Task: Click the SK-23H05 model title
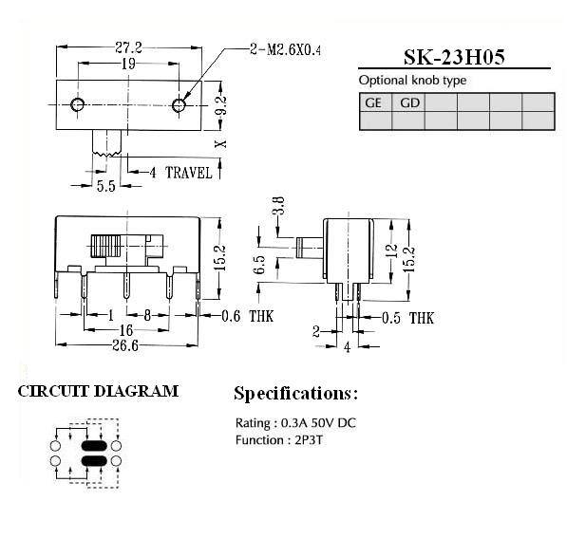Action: pyautogui.click(x=454, y=57)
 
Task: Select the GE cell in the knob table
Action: pyautogui.click(x=375, y=102)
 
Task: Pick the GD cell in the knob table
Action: pyautogui.click(x=408, y=102)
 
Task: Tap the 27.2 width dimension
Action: pyautogui.click(x=128, y=47)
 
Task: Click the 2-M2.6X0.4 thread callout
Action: pyautogui.click(x=285, y=49)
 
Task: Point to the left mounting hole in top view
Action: pyautogui.click(x=78, y=104)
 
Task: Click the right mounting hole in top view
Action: pyautogui.click(x=179, y=105)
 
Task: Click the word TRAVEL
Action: pyautogui.click(x=189, y=173)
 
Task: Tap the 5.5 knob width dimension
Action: pyautogui.click(x=105, y=186)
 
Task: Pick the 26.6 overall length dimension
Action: pyautogui.click(x=125, y=345)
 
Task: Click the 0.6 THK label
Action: pyautogui.click(x=247, y=316)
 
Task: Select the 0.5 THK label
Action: pyautogui.click(x=407, y=318)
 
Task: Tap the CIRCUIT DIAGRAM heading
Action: pyautogui.click(x=98, y=391)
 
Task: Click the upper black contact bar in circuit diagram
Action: pyautogui.click(x=94, y=446)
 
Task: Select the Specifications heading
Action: pyautogui.click(x=295, y=394)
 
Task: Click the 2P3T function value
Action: pyautogui.click(x=309, y=440)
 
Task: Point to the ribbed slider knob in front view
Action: pyautogui.click(x=105, y=246)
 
